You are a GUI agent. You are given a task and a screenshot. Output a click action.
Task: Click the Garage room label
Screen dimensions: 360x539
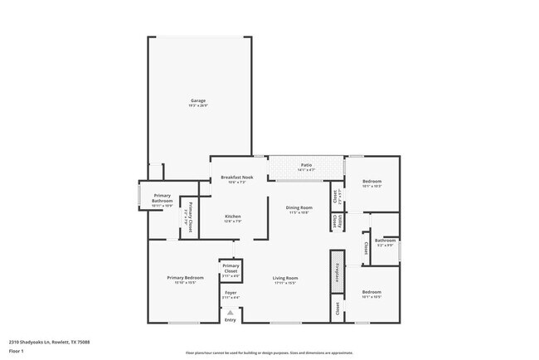197,100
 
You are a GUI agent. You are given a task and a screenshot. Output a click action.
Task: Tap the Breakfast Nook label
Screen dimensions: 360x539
237,178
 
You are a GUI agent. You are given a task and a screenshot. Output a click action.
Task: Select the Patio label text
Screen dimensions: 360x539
306,165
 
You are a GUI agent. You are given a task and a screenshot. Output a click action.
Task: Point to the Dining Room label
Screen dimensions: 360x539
299,207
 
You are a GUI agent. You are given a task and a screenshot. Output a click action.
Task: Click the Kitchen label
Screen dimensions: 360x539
233,216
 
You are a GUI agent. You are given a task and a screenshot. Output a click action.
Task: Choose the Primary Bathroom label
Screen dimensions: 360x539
162,198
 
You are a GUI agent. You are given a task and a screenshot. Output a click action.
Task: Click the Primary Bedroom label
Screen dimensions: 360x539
184,278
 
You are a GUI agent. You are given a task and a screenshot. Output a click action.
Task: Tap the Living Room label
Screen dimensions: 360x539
285,278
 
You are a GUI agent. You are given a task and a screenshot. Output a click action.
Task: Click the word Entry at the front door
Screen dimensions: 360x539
231,319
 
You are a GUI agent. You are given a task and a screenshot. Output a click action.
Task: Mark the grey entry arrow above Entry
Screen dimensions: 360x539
231,312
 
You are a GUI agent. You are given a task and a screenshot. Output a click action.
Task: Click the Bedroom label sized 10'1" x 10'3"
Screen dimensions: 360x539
371,182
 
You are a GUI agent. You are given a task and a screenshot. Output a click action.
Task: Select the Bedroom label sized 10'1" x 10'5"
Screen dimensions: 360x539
371,292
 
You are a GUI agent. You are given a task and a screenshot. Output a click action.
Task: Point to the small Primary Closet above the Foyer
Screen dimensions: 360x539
231,269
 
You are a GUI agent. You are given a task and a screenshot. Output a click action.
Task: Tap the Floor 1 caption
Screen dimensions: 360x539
17,350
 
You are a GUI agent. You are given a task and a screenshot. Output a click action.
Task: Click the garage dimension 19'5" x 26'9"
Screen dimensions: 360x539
197,106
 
